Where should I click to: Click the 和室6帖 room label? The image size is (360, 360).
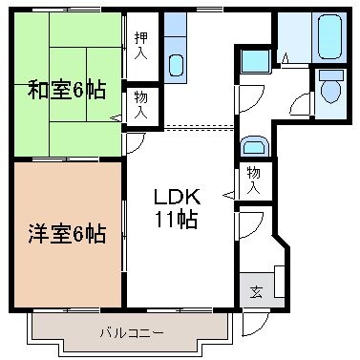66,93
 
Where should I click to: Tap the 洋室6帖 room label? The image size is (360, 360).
66,231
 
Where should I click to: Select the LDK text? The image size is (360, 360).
179,197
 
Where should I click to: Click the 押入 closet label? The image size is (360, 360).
140,44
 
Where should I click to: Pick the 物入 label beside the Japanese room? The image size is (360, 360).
140,104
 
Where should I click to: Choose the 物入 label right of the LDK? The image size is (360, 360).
254,180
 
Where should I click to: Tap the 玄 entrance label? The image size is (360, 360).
256,291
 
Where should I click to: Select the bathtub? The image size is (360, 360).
329,37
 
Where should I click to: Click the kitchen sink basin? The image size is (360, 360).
177,65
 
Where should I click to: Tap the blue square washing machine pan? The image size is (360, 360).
254,61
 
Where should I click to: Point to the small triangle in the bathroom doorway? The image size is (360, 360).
284,58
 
